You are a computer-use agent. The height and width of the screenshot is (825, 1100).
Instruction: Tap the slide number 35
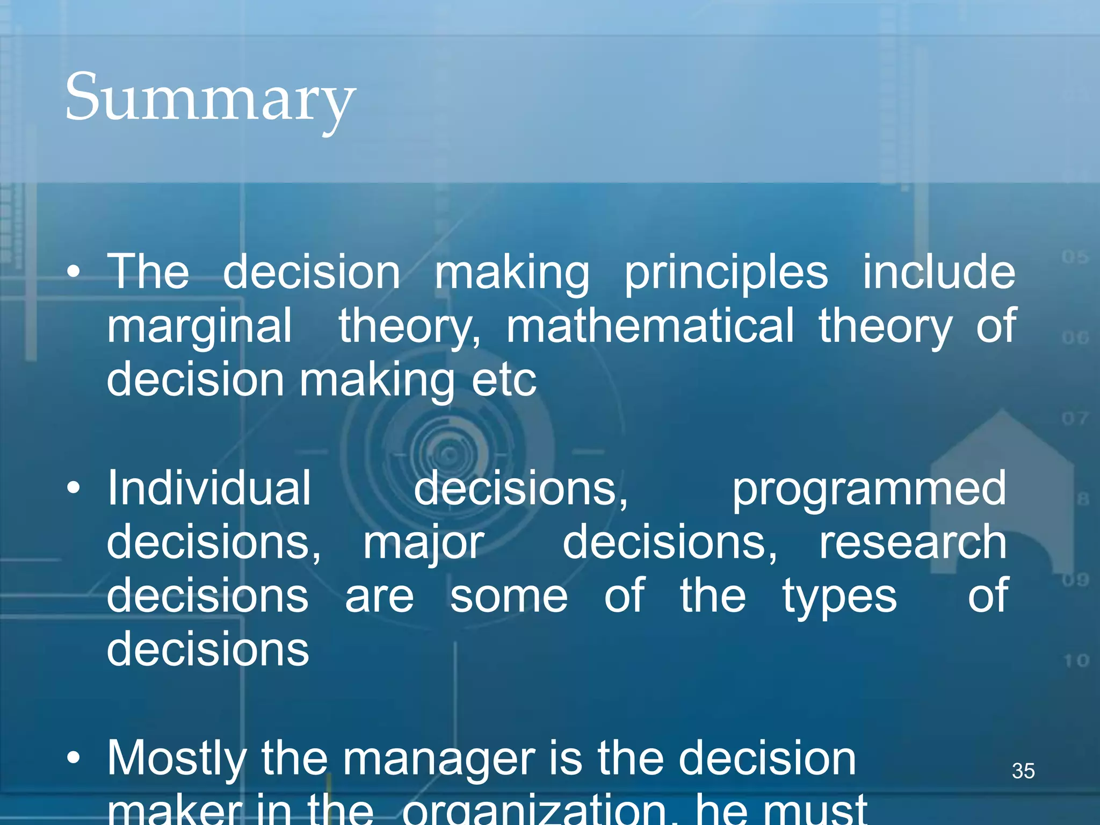1023,771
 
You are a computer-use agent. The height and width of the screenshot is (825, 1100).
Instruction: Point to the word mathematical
649,326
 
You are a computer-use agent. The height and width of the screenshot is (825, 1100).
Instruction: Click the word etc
503,380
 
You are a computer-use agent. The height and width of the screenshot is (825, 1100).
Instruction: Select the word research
913,543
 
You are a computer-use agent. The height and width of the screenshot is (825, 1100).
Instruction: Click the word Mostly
177,759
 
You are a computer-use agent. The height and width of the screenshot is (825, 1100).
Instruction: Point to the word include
939,272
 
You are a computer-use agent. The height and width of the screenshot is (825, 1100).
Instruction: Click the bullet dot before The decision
74,272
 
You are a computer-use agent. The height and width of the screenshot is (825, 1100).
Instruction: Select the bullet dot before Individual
74,489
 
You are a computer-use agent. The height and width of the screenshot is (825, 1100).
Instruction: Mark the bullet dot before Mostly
74,758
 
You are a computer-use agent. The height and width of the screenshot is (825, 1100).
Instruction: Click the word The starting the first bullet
148,272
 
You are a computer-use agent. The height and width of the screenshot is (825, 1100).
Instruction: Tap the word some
509,596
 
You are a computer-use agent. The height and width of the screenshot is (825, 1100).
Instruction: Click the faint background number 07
1074,418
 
